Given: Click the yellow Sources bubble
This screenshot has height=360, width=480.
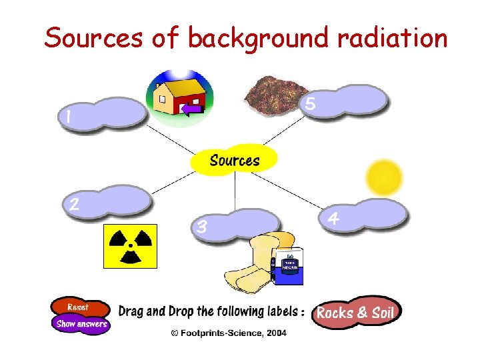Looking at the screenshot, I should [x=234, y=161].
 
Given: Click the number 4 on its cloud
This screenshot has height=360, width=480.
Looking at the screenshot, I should [x=333, y=218].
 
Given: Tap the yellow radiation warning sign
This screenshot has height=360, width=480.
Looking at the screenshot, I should [x=129, y=245].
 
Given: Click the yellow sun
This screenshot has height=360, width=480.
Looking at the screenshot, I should [x=385, y=177].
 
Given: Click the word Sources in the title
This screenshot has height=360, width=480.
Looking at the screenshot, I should [x=93, y=38].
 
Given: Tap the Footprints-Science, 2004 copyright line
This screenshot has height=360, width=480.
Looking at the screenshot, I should [x=228, y=332].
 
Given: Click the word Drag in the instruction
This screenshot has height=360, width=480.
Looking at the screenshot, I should [x=131, y=312].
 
